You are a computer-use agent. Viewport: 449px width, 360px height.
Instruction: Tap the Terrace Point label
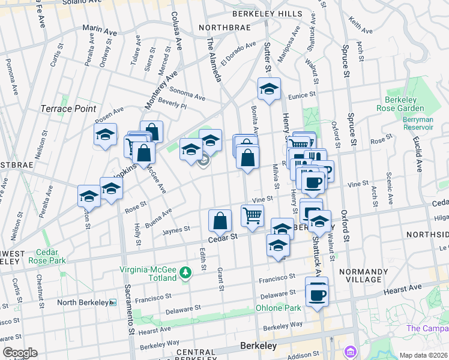pos(68,109)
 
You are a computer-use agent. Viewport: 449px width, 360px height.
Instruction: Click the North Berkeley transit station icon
pos(113,302)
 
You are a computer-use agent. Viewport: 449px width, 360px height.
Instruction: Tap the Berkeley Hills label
pos(265,14)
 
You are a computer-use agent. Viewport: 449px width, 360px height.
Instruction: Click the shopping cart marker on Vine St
pos(252,215)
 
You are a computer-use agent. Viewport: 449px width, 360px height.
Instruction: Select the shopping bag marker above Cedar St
pos(220,220)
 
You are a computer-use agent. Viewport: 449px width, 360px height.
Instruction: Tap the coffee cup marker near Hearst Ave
pos(317,294)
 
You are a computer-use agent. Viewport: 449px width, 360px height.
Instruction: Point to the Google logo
pos(20,353)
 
